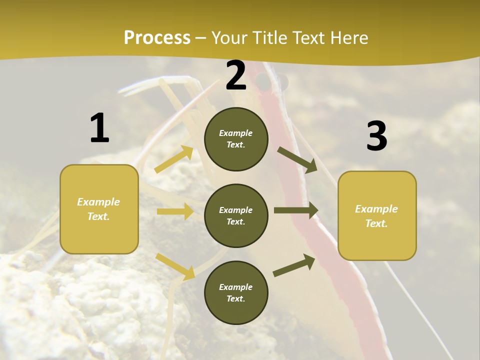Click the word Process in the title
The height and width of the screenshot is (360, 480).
[157, 37]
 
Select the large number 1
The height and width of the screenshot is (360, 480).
[99, 128]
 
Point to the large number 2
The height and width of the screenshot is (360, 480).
[236, 76]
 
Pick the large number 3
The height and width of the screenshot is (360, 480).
[376, 136]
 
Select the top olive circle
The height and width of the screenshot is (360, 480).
[236, 139]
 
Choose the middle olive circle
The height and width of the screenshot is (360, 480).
[236, 215]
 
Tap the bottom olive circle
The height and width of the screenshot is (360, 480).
[236, 292]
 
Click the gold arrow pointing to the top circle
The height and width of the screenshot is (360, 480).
[174, 159]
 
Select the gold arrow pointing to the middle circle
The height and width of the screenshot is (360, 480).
[175, 211]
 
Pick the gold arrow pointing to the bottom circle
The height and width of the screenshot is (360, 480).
[175, 266]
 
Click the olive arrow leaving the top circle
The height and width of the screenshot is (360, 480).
[297, 160]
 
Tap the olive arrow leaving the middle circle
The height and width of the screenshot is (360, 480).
[295, 210]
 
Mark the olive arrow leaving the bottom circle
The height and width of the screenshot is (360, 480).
[294, 265]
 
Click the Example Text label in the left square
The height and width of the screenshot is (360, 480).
[98, 209]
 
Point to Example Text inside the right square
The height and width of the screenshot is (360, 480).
[376, 216]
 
